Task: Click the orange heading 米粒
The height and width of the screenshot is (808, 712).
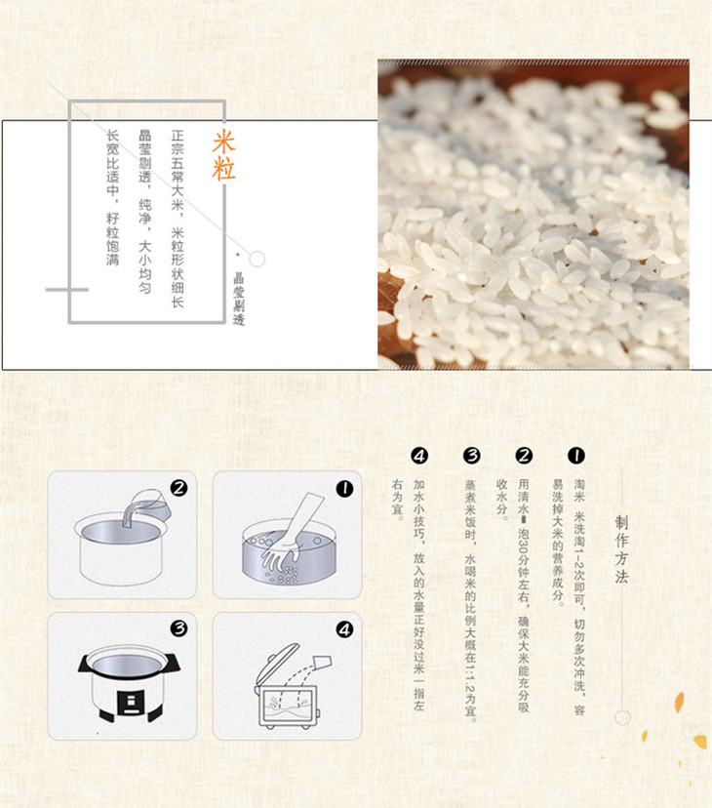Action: [x=223, y=155]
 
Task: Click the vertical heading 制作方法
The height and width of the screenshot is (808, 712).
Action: [x=621, y=549]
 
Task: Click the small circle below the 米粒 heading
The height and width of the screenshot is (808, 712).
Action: [x=257, y=259]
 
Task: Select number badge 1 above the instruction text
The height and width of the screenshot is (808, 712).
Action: [x=576, y=456]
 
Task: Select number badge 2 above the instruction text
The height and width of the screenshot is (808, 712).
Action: [x=524, y=456]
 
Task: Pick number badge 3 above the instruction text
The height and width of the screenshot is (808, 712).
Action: [x=471, y=456]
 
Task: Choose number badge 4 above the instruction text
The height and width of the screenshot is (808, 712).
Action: [x=419, y=456]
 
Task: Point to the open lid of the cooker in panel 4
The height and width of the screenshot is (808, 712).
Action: [x=277, y=664]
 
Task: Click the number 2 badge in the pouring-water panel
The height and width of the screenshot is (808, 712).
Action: [x=178, y=488]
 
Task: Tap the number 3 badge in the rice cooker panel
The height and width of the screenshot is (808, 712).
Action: [x=178, y=628]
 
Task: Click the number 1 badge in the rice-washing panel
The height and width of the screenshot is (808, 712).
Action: [x=344, y=489]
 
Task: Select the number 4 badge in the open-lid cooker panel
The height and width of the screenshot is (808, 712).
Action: [x=344, y=629]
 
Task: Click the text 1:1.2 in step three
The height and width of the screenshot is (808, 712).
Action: [x=470, y=678]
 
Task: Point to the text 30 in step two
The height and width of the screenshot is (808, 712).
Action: [x=524, y=544]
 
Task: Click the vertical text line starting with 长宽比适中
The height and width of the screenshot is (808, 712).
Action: [x=113, y=198]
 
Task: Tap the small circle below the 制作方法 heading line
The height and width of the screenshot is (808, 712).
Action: [x=622, y=717]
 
